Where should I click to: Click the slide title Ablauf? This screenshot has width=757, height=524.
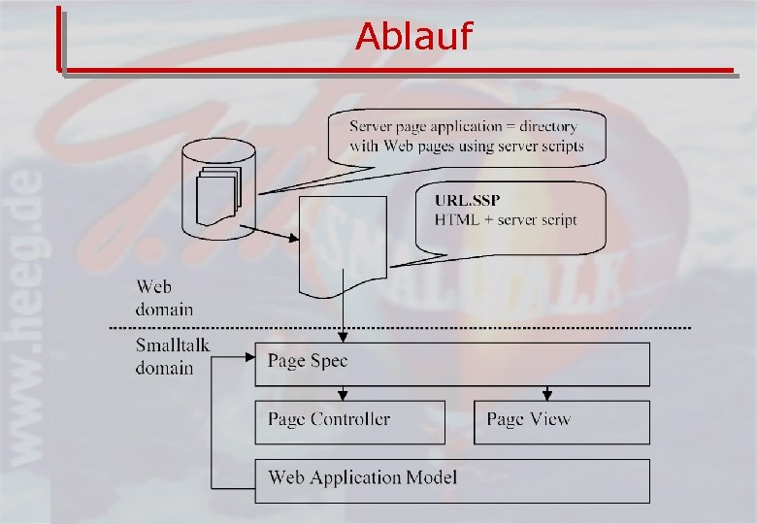(413, 37)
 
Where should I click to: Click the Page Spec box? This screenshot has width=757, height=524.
(451, 363)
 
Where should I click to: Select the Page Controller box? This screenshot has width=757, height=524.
(349, 421)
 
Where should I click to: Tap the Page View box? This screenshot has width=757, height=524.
(561, 421)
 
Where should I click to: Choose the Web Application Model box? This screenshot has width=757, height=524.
(451, 479)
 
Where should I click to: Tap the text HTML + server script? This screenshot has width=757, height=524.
(506, 220)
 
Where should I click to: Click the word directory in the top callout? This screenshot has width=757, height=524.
(547, 126)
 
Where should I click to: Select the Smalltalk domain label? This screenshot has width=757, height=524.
(172, 356)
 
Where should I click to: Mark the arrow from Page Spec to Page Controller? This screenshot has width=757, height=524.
(343, 392)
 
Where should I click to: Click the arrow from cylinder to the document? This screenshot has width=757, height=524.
(273, 236)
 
